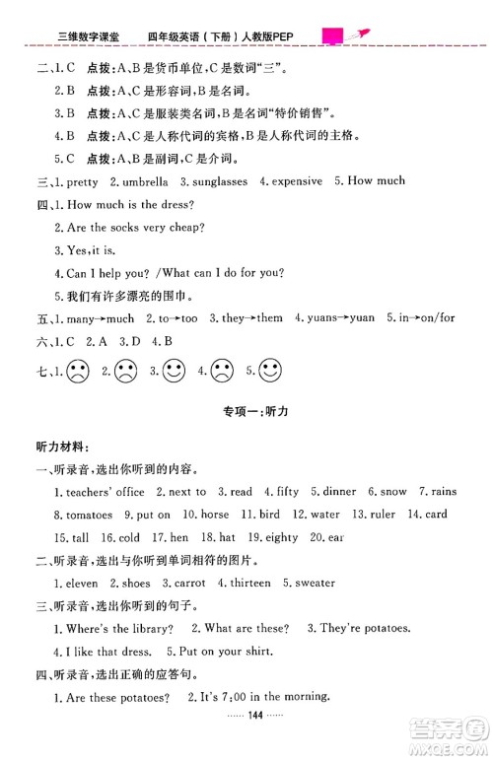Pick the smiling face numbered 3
coord(174,373)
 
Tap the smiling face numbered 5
coord(271,373)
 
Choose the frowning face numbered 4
coord(222,373)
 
